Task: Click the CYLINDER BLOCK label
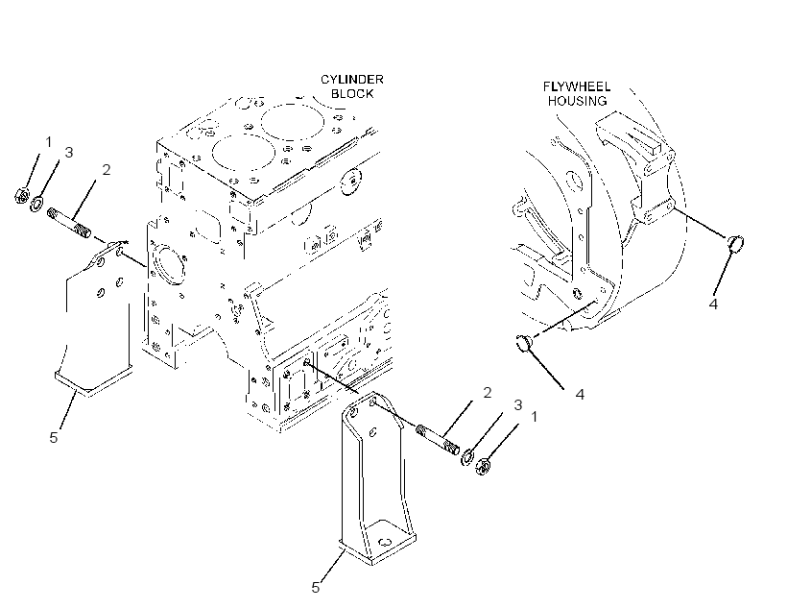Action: click(x=352, y=86)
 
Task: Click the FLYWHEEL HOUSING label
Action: click(x=577, y=94)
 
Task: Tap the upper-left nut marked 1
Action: click(x=21, y=195)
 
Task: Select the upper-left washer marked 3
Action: click(x=36, y=204)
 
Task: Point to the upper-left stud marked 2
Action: click(x=69, y=224)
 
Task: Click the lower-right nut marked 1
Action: click(x=483, y=466)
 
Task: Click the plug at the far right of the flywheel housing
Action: click(x=736, y=243)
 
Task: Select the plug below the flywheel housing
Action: click(x=523, y=342)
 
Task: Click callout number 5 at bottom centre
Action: click(x=315, y=588)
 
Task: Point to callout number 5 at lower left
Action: click(x=53, y=437)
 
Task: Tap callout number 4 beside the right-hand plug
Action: click(x=713, y=304)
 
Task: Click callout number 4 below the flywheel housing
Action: click(x=580, y=394)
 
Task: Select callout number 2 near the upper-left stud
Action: click(x=106, y=170)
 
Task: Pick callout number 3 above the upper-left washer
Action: click(x=69, y=152)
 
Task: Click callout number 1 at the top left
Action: click(x=49, y=142)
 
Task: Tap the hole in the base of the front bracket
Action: click(x=386, y=542)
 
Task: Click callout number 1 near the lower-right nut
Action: click(x=534, y=417)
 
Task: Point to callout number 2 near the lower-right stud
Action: click(x=487, y=393)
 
